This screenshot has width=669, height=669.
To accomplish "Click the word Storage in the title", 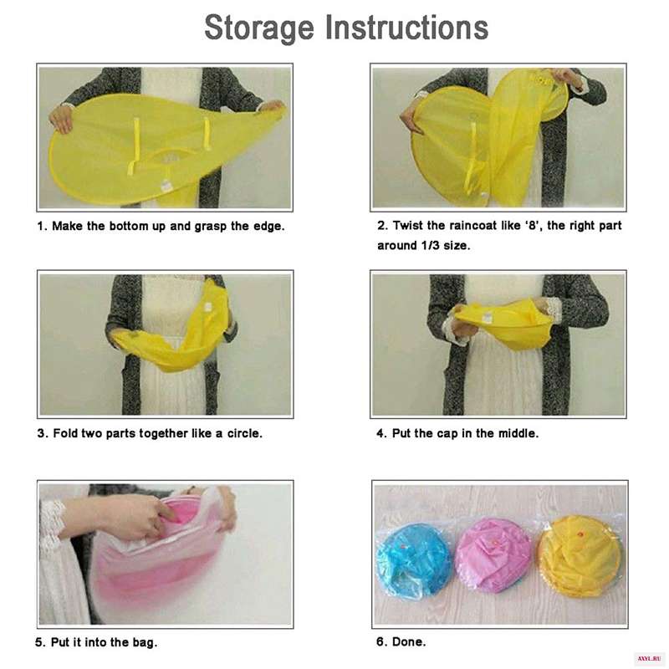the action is (x=259, y=28).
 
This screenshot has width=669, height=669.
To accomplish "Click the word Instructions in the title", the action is (x=406, y=28).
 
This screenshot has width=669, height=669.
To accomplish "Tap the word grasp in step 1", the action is (x=211, y=227).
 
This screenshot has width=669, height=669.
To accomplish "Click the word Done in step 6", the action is (x=408, y=641).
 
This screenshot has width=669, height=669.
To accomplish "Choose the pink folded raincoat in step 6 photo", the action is (x=492, y=554).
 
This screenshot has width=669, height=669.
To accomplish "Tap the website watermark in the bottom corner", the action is (x=649, y=659).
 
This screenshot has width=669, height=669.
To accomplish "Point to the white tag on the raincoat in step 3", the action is (x=208, y=307).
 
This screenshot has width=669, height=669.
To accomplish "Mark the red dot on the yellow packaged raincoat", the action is (x=580, y=534).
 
